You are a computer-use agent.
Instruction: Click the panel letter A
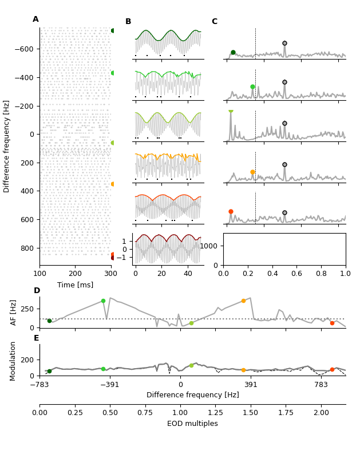[35, 19]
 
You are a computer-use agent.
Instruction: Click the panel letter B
[128, 22]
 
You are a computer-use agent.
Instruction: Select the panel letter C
[215, 22]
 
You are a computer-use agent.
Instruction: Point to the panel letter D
[37, 291]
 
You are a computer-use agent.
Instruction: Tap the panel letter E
[37, 338]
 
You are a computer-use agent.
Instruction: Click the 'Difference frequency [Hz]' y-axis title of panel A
[7, 146]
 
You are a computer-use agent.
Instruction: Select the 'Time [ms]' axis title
[75, 285]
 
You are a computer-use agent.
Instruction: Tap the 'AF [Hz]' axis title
[14, 312]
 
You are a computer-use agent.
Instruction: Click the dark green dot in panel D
[49, 321]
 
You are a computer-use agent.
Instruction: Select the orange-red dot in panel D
[332, 323]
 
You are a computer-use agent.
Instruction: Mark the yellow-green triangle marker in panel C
[231, 110]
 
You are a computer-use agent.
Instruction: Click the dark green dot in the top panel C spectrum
[233, 52]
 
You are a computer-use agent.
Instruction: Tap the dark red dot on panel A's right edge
[113, 258]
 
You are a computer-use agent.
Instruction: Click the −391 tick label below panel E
[110, 385]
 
